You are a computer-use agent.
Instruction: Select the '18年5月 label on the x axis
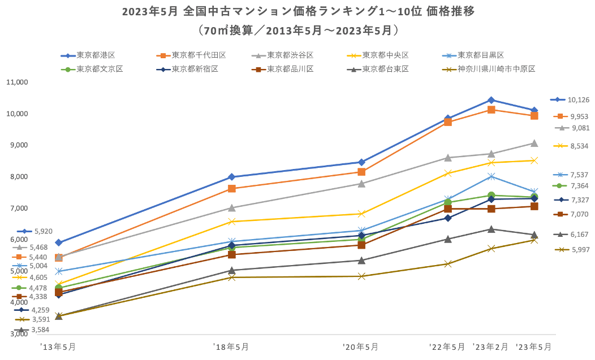230,346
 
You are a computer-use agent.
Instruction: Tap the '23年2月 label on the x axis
490,346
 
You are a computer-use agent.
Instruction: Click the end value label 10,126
579,100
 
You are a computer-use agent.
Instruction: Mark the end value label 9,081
580,128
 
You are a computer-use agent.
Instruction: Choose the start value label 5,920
44,231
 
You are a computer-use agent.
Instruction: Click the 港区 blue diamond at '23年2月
491,100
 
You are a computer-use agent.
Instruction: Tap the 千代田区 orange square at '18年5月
231,189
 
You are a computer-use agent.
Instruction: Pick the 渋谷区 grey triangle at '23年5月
534,143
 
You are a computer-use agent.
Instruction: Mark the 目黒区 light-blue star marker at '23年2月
491,176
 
